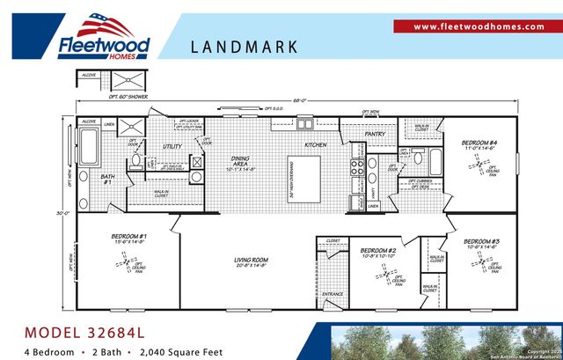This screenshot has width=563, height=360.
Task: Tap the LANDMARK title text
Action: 244,47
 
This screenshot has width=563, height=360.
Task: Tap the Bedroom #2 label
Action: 378,252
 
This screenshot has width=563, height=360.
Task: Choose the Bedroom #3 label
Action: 481,241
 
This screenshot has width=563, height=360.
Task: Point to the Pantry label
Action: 376,135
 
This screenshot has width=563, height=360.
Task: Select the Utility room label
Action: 172,146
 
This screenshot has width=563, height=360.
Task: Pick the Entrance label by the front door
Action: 333,294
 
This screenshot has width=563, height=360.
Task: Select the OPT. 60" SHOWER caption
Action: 127,97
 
